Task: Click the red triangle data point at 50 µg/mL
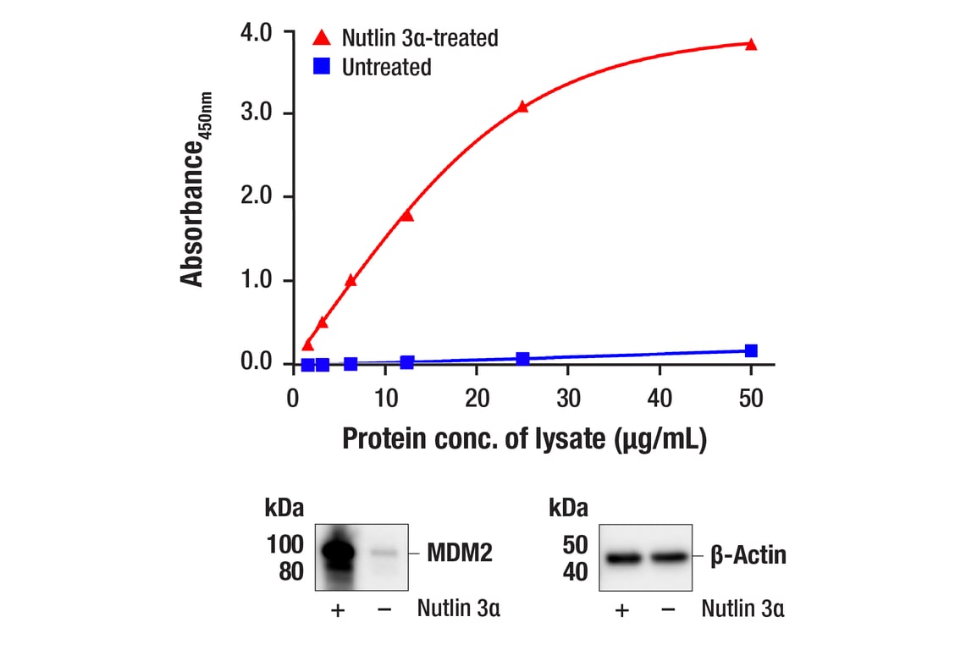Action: coord(751,44)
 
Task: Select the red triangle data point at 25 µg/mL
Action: coord(522,107)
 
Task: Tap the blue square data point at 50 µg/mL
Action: coord(751,350)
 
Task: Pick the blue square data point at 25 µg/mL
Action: coord(522,359)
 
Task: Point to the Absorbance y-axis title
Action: coord(194,190)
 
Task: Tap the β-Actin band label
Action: coord(748,555)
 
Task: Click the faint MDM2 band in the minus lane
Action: coord(383,554)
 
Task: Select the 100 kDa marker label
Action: coord(284,544)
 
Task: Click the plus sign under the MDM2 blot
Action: coord(338,610)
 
